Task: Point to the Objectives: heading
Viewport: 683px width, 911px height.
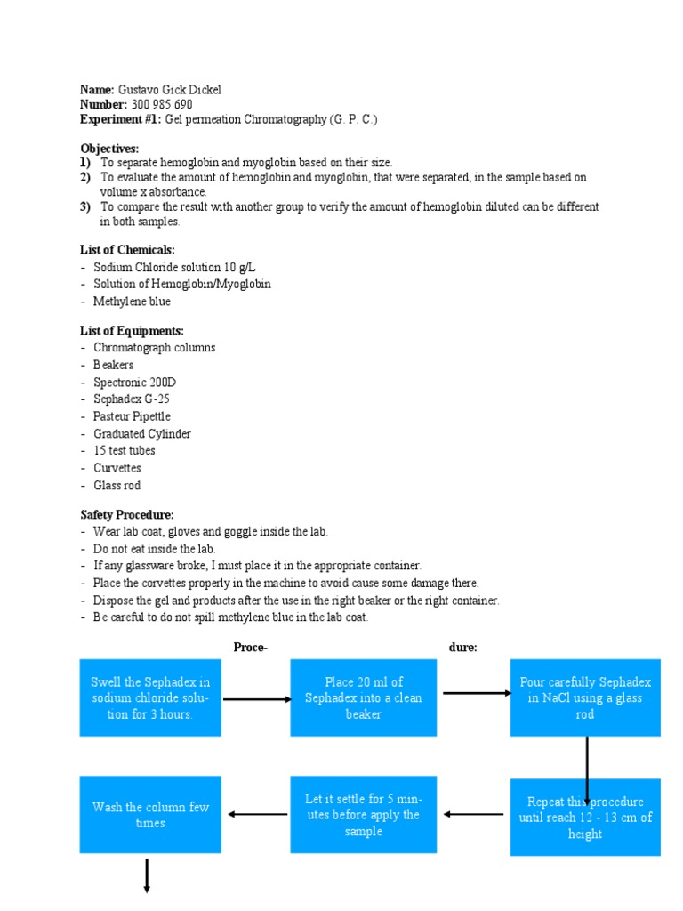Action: [x=109, y=148]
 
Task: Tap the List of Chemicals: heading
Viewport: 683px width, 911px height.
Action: [x=127, y=250]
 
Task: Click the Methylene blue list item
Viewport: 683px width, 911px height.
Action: [x=132, y=302]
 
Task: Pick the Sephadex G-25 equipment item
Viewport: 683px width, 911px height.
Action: [x=131, y=399]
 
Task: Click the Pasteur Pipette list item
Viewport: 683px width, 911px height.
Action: [x=132, y=416]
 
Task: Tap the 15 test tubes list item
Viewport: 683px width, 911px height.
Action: [x=125, y=451]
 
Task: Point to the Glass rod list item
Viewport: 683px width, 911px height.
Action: [x=117, y=486]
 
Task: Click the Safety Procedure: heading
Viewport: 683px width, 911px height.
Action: [x=127, y=514]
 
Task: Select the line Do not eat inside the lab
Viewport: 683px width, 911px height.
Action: [x=155, y=549]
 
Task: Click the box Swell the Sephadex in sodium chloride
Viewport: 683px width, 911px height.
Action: [x=150, y=698]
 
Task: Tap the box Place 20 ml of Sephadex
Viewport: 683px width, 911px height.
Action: [x=363, y=698]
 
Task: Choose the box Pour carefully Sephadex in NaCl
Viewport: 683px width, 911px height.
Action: [x=585, y=698]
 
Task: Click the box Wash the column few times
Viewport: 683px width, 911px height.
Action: [x=150, y=815]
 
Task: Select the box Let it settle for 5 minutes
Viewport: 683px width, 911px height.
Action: [x=363, y=815]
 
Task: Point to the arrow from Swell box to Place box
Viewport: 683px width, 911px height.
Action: [x=256, y=699]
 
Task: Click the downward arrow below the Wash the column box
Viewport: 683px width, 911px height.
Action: [x=146, y=875]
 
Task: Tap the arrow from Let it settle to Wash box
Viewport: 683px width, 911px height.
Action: [x=256, y=814]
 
